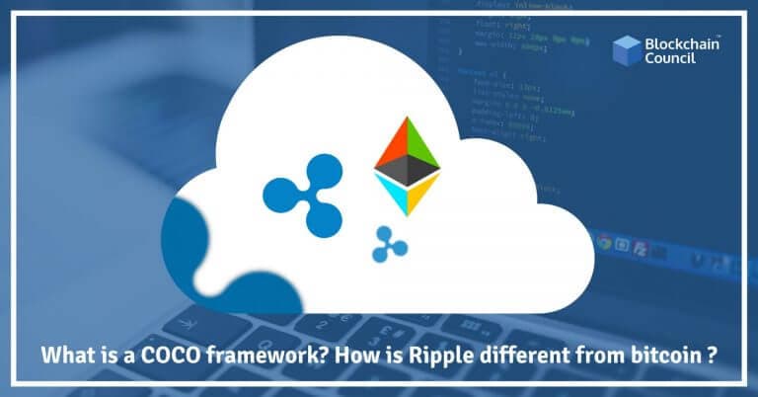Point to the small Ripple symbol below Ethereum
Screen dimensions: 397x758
point(390,243)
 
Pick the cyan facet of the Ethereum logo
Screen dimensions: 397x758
point(393,197)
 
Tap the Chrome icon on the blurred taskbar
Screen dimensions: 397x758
point(604,240)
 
